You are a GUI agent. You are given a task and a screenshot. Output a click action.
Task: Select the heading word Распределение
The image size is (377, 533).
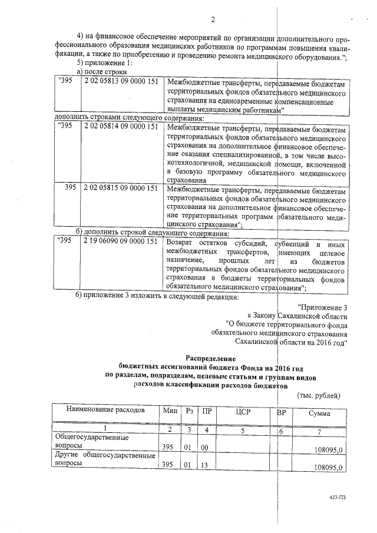[211, 358]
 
